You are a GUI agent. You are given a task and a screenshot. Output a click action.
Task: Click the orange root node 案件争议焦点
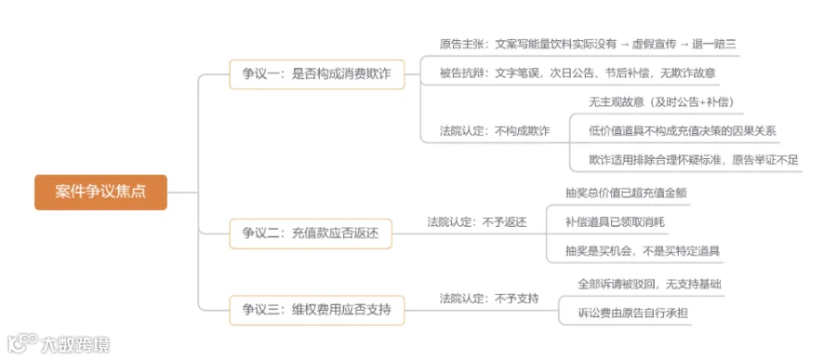click(100, 193)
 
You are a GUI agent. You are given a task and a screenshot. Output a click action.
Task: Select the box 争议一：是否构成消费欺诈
click(317, 74)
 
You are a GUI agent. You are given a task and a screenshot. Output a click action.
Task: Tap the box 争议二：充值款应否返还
click(311, 233)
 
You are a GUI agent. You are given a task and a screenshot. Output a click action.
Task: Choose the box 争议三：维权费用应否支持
click(317, 310)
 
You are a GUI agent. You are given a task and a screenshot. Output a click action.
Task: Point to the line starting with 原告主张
click(588, 44)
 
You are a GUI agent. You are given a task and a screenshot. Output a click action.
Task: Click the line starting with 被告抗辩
click(578, 73)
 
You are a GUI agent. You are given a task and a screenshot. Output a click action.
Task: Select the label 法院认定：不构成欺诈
click(495, 131)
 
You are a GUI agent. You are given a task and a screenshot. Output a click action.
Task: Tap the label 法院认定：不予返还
click(477, 222)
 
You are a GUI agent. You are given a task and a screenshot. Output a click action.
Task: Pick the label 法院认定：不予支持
click(489, 299)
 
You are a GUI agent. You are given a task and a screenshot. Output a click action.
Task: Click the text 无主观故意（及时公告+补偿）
click(661, 102)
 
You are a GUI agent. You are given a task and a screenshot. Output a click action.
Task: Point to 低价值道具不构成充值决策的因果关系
click(683, 131)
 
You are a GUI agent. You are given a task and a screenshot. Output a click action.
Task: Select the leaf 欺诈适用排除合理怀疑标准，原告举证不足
click(694, 160)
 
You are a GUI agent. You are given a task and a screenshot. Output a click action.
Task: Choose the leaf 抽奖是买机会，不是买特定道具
click(643, 250)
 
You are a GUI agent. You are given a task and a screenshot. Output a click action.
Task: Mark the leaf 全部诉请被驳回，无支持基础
click(649, 284)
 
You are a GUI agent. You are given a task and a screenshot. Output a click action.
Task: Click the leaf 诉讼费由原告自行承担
click(632, 313)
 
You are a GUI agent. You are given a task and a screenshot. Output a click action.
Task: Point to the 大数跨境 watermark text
click(75, 344)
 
